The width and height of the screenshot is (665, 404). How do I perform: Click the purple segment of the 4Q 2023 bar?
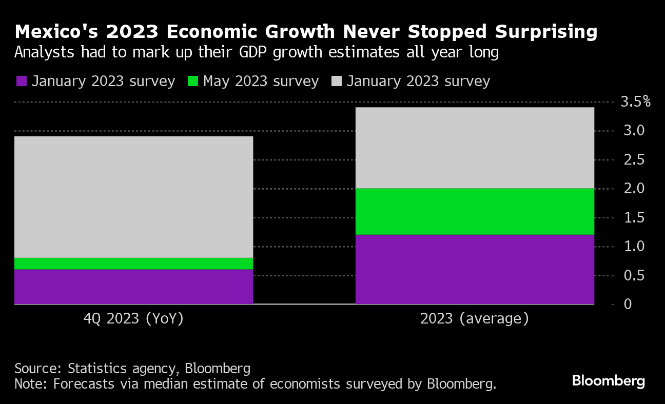pos(133,286)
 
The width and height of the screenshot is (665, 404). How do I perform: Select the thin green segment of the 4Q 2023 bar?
pos(133,264)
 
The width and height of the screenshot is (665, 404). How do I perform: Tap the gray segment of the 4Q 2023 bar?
pos(133,197)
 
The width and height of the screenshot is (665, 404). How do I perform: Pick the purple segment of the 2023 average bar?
pos(475,269)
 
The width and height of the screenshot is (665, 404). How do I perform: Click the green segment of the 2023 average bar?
pos(475,211)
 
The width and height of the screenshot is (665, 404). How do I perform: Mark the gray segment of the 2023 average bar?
pos(475,148)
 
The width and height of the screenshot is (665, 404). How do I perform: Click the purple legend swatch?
pos(22,82)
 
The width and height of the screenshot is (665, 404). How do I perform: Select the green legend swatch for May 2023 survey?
pos(192,82)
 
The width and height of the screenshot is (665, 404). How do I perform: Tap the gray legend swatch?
pos(337,82)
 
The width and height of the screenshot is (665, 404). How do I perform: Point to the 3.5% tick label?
pos(635,102)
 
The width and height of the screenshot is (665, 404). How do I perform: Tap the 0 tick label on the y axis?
pos(627,305)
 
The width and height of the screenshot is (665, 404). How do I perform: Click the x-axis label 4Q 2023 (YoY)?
pos(133,319)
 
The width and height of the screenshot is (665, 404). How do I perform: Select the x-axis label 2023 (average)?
pos(474,319)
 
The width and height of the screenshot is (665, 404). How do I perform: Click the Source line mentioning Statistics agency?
pos(132,368)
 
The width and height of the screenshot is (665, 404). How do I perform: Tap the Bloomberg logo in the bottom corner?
pos(608,381)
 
